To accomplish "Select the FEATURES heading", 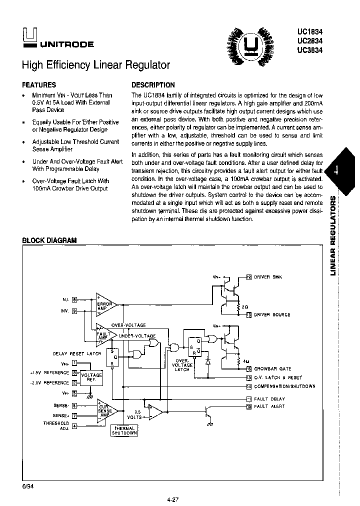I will click(39, 85).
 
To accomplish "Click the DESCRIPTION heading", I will click(153, 85).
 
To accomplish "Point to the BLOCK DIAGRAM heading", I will click(49, 240).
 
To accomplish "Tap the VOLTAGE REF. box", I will click(91, 377).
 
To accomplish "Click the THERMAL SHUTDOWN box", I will click(124, 430).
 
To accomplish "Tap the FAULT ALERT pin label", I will click(269, 406).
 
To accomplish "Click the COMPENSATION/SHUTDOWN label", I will click(285, 386).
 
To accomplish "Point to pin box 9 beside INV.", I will click(74, 311).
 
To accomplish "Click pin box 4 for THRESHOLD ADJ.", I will click(74, 426).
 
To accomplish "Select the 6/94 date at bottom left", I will click(27, 485).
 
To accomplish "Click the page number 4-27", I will click(173, 498).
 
